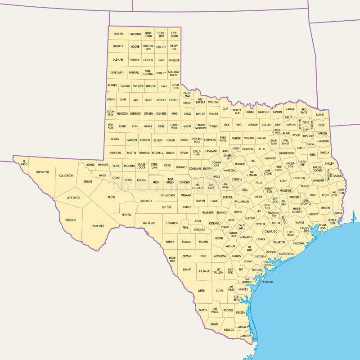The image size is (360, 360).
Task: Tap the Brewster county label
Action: [x=98, y=226]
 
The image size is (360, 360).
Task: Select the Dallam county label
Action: [x=118, y=34]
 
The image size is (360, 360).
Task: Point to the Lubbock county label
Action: [x=135, y=114]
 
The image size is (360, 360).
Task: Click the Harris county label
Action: [x=300, y=222]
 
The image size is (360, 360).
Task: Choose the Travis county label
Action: [x=238, y=211]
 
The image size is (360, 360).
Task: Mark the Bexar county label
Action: [x=219, y=238]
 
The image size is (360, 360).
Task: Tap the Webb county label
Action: [x=201, y=291]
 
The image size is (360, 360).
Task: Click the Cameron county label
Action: [x=245, y=336]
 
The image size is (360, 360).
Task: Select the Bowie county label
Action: [x=319, y=114]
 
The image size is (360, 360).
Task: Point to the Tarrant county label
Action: [x=249, y=138]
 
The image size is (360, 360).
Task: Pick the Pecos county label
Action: [x=112, y=197]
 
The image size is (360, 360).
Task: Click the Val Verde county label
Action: [x=149, y=223]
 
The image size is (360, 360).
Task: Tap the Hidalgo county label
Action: [x=229, y=329]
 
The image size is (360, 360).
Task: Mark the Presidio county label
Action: [x=71, y=220]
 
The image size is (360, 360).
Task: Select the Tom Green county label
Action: [x=171, y=181]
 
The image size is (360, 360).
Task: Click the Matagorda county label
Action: [x=286, y=254]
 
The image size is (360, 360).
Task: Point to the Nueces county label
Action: [x=243, y=289]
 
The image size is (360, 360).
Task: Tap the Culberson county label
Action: [x=66, y=175]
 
